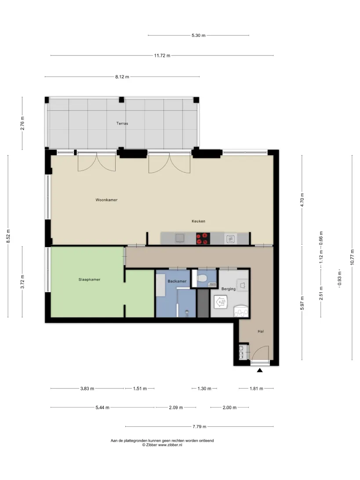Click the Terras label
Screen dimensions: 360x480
(x=122, y=124)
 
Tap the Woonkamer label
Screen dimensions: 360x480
(x=106, y=200)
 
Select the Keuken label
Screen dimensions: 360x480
(x=198, y=221)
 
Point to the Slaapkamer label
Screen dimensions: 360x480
(x=89, y=280)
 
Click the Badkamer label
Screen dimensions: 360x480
(x=177, y=281)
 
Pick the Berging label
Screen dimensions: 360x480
(x=229, y=289)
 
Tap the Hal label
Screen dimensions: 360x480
(x=261, y=331)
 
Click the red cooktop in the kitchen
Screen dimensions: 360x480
(x=203, y=239)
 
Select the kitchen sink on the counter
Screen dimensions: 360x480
(x=180, y=238)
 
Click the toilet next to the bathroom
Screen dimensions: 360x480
(x=202, y=278)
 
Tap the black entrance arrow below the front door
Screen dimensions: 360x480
(x=260, y=371)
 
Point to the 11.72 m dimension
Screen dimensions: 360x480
(x=162, y=55)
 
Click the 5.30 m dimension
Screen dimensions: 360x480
(x=198, y=35)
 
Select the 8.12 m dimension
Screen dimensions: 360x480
(x=122, y=76)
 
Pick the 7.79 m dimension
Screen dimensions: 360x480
(x=199, y=426)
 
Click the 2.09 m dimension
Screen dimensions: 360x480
(x=176, y=407)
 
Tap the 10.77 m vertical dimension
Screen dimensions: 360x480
(x=352, y=257)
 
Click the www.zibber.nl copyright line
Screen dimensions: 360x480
(x=162, y=445)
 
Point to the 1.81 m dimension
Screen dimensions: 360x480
(x=256, y=389)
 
